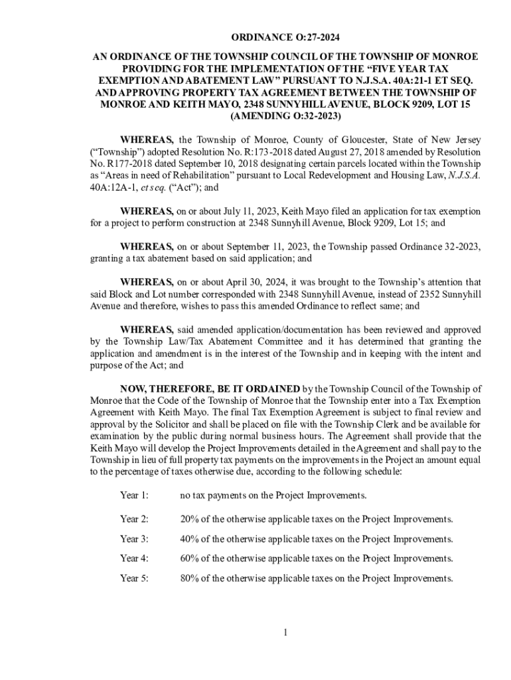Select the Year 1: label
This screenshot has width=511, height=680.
pos(134,495)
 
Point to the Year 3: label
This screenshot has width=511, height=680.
pos(134,539)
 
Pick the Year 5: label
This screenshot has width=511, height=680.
pos(134,578)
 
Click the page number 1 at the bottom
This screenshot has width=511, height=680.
pos(285,632)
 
